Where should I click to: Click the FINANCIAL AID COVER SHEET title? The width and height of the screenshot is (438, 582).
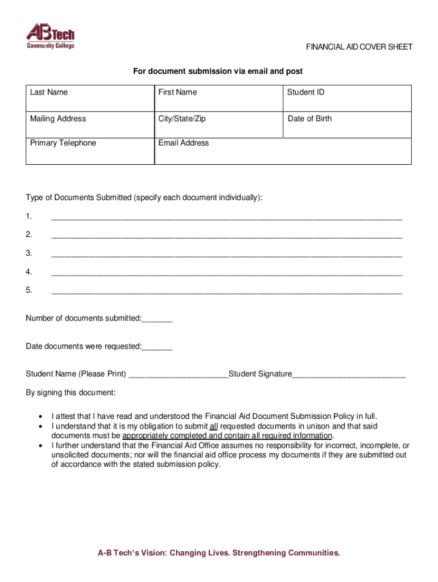359,47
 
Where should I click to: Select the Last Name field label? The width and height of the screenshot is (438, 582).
49,92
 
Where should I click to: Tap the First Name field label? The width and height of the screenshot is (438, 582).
178,92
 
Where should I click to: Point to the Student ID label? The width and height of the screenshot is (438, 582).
305,92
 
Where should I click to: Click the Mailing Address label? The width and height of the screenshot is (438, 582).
58,118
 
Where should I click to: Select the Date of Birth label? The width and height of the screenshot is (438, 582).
309,118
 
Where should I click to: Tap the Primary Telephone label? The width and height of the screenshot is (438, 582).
63,143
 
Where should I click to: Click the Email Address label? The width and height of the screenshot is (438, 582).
184,143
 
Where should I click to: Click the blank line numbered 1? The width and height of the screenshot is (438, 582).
226,217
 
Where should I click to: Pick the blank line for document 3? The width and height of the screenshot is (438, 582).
226,254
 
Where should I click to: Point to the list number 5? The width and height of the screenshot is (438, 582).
29,290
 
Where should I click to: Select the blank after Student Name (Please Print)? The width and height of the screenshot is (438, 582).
178,375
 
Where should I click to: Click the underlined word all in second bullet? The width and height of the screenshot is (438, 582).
214,426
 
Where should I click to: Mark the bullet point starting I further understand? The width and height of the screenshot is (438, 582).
40,446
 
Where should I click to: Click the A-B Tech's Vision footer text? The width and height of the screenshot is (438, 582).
219,552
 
